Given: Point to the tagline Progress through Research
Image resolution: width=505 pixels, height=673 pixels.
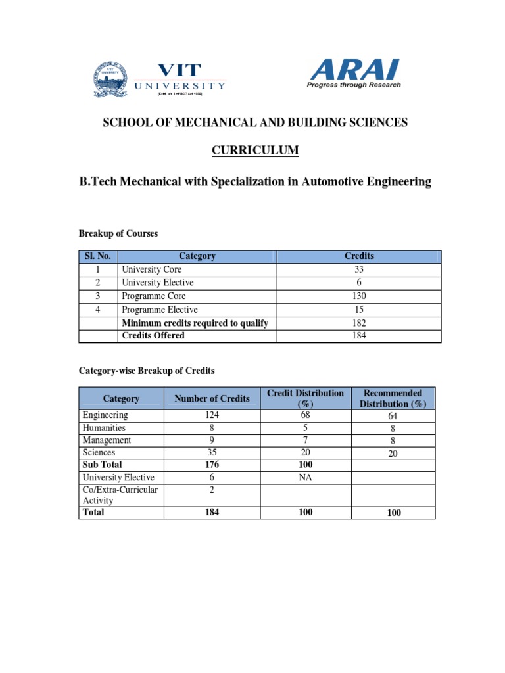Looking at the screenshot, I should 354,85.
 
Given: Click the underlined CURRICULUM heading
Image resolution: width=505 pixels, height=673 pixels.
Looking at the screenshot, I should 255,151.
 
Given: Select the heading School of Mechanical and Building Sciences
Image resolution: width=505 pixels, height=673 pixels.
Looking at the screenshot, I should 254,122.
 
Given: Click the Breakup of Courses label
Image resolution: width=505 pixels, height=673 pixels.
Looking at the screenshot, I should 118,234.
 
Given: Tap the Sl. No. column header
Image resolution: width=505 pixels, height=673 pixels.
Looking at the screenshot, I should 98,256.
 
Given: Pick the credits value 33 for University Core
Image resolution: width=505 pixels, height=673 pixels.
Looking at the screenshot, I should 359,269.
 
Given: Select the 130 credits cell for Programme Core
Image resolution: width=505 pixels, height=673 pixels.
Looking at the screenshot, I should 359,296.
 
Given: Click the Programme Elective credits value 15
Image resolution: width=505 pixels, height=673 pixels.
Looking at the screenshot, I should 359,310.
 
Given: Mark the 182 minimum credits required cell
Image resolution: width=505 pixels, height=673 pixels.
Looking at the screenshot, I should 359,323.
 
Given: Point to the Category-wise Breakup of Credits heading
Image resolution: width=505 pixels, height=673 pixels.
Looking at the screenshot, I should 147,371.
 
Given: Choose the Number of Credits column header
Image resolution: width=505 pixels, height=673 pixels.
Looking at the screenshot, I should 212,398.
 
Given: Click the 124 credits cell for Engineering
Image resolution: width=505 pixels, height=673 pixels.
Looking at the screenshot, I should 212,415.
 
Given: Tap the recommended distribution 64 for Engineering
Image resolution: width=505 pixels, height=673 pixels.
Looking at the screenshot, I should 394,416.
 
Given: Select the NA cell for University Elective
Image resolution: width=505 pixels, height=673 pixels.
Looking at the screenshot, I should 305,478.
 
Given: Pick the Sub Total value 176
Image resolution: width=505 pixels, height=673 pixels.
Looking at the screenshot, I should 212,465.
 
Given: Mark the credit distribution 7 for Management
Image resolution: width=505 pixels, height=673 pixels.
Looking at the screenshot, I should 305,440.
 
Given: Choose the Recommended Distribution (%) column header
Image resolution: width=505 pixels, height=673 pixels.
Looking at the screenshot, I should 393,398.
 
